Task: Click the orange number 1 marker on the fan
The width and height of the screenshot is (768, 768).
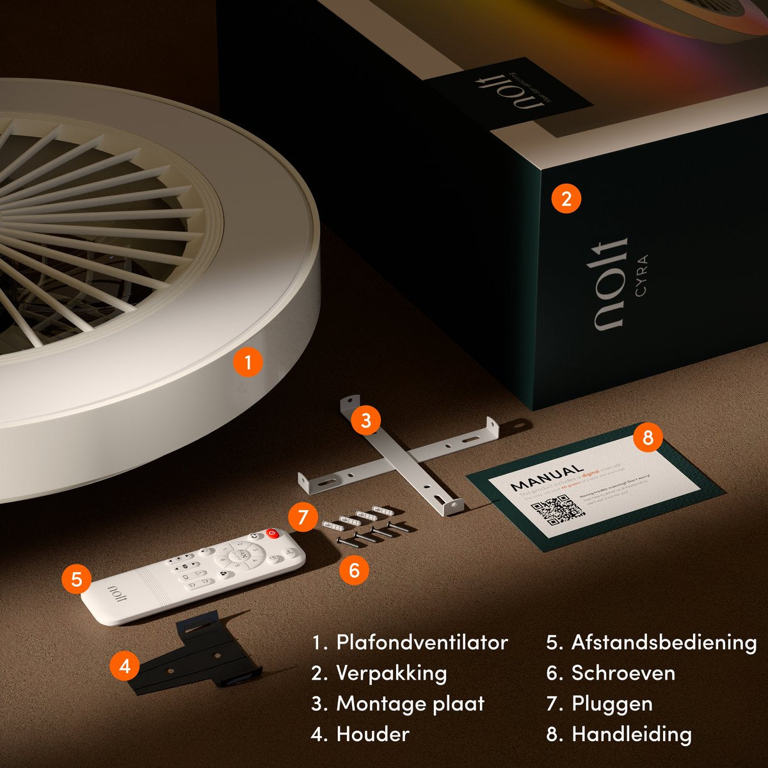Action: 248,363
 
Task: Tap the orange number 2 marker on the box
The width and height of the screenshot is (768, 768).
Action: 566,198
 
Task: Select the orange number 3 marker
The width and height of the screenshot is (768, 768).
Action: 366,420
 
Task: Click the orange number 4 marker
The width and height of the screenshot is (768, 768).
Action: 125,666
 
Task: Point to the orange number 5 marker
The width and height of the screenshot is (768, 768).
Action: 77,580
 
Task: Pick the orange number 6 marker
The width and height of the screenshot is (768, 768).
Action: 355,570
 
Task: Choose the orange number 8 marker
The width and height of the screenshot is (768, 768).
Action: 648,438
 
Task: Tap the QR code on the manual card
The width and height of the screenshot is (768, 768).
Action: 558,510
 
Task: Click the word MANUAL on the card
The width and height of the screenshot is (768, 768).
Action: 547,477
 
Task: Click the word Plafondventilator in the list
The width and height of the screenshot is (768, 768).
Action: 422,643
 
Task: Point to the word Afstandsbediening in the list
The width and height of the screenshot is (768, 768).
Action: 664,643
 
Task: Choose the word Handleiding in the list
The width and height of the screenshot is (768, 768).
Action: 631,734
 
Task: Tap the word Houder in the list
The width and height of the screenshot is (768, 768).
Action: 372,734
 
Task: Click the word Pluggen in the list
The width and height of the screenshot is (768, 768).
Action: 612,704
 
